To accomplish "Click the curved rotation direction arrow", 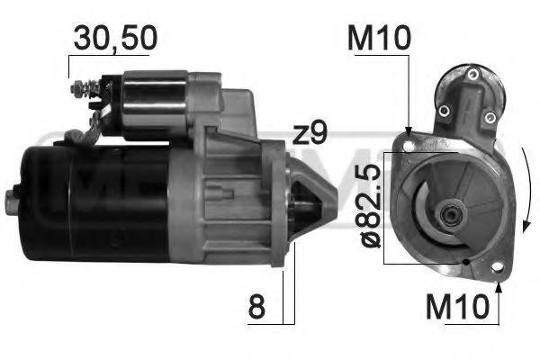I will click(526, 193).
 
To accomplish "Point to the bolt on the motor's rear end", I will click(13, 200).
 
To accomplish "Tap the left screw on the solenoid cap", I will click(444, 111).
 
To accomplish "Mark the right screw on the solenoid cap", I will click(489, 116).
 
